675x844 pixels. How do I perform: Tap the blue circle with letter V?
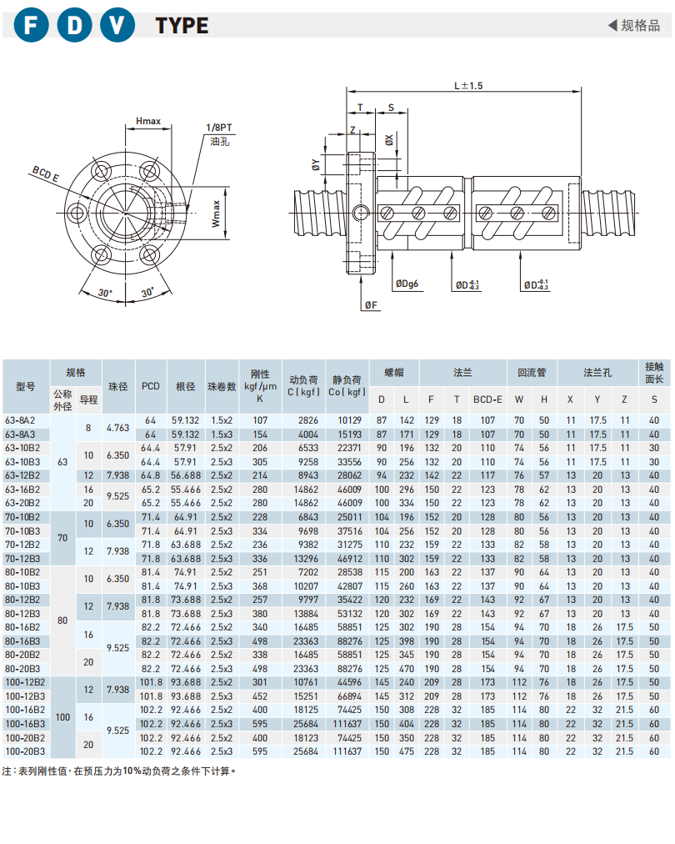click(x=117, y=25)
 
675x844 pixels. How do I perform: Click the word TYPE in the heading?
click(x=182, y=26)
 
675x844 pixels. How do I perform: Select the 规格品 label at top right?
click(x=639, y=25)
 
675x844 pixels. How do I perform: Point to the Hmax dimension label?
click(x=148, y=122)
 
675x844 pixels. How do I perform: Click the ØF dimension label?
click(x=372, y=306)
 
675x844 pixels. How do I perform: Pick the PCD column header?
click(x=150, y=386)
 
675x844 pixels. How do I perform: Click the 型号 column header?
click(x=26, y=386)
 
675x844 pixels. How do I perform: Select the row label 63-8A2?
click(x=20, y=420)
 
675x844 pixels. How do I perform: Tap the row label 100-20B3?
click(x=24, y=751)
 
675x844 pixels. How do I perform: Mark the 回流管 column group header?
click(x=532, y=372)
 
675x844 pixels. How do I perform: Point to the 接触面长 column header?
click(x=653, y=372)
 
